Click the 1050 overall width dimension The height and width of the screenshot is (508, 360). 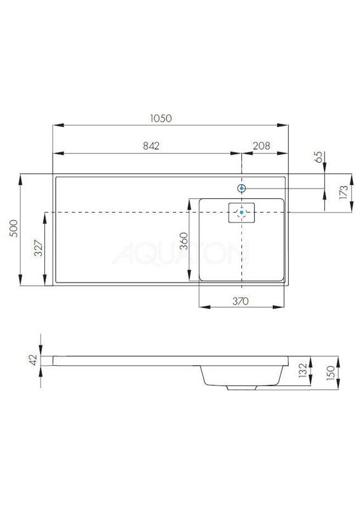pyautogui.click(x=161, y=118)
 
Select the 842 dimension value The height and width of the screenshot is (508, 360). pyautogui.click(x=151, y=146)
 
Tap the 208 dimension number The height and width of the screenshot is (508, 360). pyautogui.click(x=262, y=146)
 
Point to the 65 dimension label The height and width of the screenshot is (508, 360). pyautogui.click(x=319, y=157)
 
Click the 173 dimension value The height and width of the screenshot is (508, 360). pyautogui.click(x=343, y=192)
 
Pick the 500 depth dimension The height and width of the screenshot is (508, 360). pyautogui.click(x=13, y=229)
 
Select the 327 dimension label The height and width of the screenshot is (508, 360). pyautogui.click(x=38, y=248)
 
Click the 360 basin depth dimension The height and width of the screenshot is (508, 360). pyautogui.click(x=183, y=241)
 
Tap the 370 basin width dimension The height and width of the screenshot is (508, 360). pyautogui.click(x=241, y=301)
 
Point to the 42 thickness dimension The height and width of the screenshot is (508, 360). pyautogui.click(x=34, y=360)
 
